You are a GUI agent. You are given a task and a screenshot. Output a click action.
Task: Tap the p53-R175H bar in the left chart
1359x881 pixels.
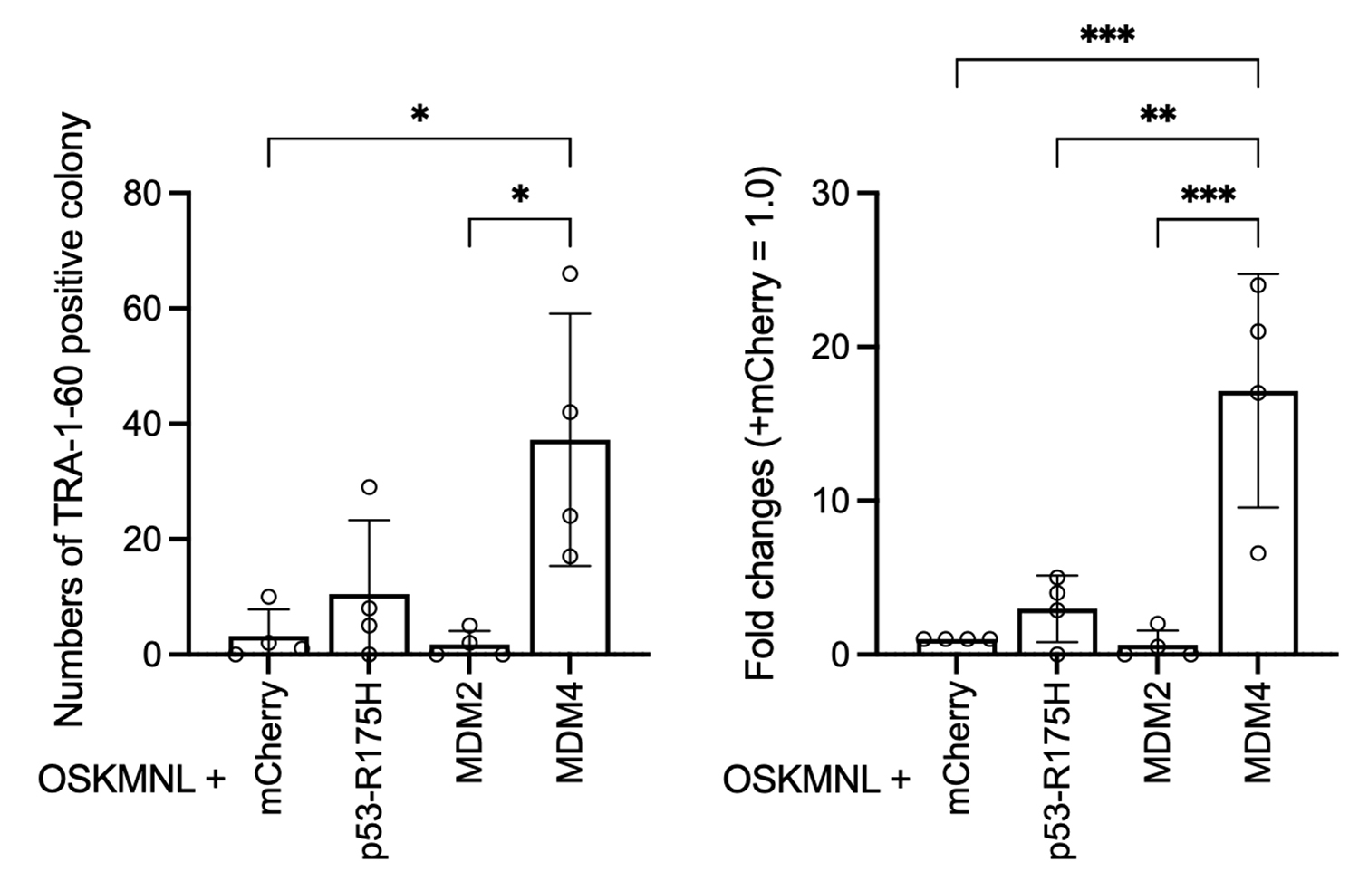pos(369,624)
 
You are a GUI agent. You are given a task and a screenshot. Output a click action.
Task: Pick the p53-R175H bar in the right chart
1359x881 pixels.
pos(1056,631)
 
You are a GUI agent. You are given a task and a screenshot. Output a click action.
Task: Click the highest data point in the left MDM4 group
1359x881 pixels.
pos(570,273)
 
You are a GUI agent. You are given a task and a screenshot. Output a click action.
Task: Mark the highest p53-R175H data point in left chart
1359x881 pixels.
pos(369,487)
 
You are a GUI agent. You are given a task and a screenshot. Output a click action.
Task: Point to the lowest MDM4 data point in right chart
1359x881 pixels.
pos(1258,553)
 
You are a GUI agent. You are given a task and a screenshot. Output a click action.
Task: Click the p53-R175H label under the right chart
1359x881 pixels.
pos(1057,770)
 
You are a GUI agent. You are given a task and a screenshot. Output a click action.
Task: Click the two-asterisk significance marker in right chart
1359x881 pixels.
pos(1157,115)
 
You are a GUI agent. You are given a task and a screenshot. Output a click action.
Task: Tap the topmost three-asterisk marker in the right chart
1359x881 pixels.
pos(1107,35)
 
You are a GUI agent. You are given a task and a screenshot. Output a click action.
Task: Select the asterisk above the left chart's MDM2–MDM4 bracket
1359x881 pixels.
pos(520,194)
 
